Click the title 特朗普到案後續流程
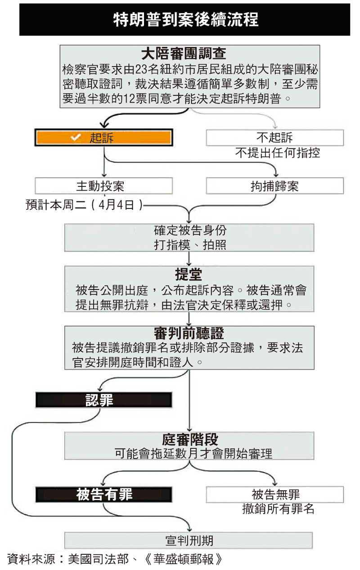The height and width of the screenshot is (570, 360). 185,20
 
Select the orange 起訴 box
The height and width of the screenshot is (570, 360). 103,138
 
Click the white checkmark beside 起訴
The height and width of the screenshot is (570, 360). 76,138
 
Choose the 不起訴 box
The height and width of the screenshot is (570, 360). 274,137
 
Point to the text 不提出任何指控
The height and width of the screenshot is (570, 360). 277,153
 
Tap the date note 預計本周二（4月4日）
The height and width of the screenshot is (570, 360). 85,205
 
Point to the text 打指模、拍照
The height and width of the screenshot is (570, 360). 189,244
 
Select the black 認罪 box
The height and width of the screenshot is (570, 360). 103,400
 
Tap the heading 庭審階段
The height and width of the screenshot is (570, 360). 189,439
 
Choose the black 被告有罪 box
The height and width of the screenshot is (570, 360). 104,494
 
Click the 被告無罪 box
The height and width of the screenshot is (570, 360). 275,494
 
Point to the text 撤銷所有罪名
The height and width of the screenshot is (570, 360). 278,509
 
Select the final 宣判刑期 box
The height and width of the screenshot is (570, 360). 189,540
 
